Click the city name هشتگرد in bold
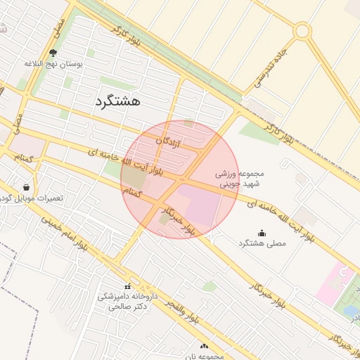(117, 101)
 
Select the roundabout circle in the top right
(302, 31)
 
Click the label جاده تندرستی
(271, 67)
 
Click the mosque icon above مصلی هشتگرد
(262, 233)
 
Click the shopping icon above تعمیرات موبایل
(26, 188)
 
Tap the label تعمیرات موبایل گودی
(33, 198)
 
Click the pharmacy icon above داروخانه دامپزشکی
(127, 286)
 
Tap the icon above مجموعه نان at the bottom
(205, 346)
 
